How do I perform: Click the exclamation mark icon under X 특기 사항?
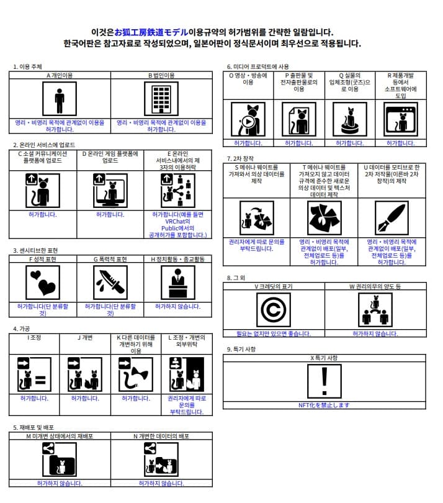[324, 381]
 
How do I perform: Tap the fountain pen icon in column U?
[392, 218]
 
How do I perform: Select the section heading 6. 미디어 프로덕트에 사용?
[258, 66]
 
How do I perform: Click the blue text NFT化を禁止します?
[324, 405]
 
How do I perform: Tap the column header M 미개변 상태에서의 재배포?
[60, 436]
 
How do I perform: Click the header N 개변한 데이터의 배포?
[161, 436]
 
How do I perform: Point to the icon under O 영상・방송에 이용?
[248, 119]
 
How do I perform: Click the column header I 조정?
[34, 338]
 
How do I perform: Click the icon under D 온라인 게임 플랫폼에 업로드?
[110, 190]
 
